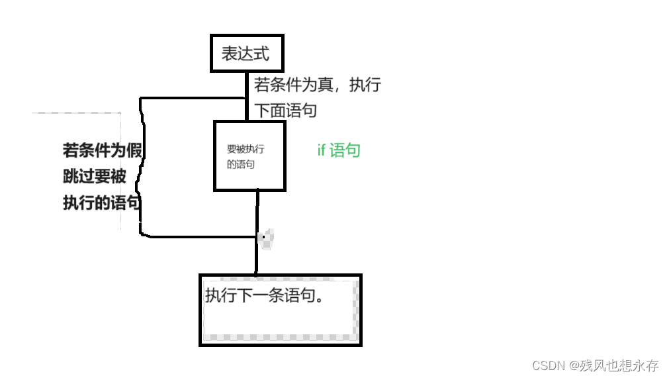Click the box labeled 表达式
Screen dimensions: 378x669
(x=247, y=53)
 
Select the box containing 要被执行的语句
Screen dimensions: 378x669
(x=249, y=156)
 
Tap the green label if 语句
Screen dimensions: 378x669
(x=338, y=150)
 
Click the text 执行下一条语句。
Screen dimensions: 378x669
(x=264, y=295)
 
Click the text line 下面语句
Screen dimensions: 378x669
(x=285, y=110)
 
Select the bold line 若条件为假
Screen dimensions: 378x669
(x=103, y=150)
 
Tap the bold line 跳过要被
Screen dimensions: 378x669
(x=94, y=177)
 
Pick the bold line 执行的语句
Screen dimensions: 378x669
(x=102, y=203)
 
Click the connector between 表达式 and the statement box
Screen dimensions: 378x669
(x=247, y=96)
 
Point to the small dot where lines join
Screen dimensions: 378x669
(x=263, y=236)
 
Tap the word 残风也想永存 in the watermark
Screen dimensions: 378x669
(x=619, y=365)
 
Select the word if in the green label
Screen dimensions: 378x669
(x=321, y=150)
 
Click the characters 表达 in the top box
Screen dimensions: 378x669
(x=238, y=53)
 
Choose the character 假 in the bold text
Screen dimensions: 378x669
(x=134, y=150)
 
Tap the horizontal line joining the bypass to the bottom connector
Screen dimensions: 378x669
(x=199, y=236)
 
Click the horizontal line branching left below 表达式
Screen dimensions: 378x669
(x=192, y=99)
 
